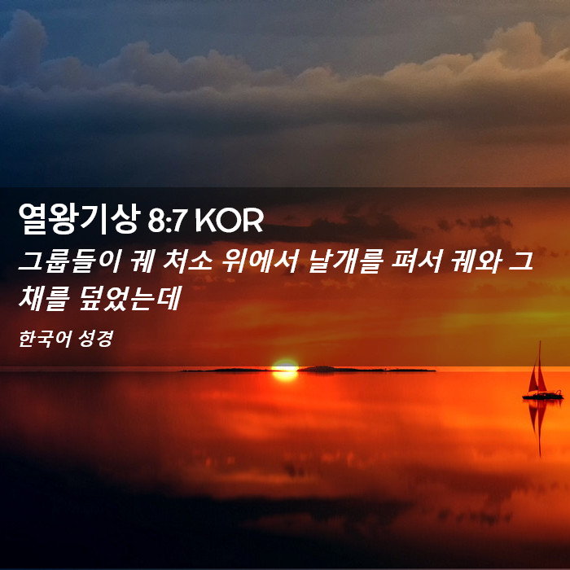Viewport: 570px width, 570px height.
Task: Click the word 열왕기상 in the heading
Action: [x=79, y=218]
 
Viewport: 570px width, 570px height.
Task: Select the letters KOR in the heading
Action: [x=229, y=220]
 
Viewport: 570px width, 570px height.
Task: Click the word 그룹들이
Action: [x=69, y=261]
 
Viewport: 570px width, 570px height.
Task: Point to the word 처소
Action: [x=187, y=261]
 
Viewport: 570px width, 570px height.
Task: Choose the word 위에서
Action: [x=260, y=261]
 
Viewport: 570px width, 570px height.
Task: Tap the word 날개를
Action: [x=344, y=261]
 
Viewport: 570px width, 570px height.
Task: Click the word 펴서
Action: [x=416, y=261]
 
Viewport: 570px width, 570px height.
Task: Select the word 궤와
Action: [x=476, y=261]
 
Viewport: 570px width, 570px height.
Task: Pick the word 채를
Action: [x=44, y=299]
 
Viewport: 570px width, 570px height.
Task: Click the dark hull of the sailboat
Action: [x=543, y=396]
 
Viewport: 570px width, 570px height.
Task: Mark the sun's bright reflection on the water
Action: [x=285, y=376]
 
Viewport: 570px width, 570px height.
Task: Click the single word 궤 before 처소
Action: [x=142, y=261]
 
